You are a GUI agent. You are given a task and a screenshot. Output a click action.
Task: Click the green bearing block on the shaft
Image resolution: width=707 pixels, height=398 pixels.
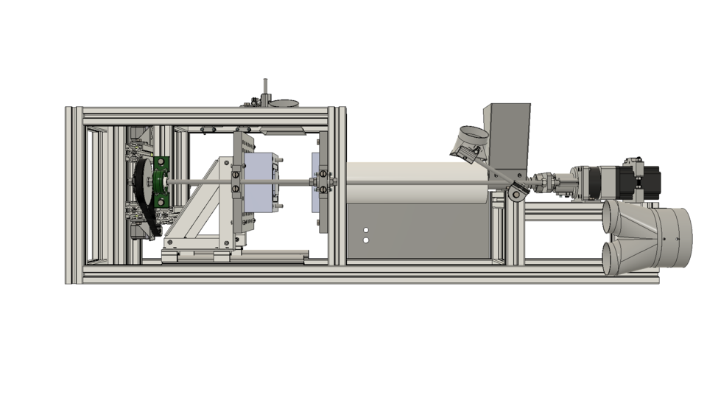(162, 182)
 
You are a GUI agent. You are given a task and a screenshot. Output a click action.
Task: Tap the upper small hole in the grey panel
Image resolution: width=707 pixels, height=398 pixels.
(366, 231)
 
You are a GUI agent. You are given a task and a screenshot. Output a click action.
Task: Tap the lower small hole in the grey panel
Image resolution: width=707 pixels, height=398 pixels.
(366, 240)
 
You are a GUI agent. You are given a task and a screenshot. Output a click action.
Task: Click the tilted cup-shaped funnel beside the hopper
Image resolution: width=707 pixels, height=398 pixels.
(468, 142)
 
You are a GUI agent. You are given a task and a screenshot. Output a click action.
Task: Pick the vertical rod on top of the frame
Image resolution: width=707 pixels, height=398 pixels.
(265, 89)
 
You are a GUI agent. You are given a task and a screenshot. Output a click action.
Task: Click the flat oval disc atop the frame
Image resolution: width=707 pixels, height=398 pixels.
(284, 104)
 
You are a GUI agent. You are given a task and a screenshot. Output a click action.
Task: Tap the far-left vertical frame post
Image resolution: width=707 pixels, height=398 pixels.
(69, 195)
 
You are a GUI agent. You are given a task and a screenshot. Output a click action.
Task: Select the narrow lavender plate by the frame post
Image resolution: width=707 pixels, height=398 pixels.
(315, 181)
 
